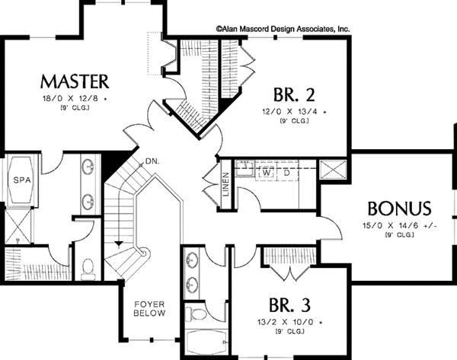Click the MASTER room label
(75, 81)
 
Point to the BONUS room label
(400, 209)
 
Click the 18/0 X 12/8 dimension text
(75, 99)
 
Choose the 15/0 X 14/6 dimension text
(399, 225)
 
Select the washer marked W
(268, 173)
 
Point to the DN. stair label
(152, 161)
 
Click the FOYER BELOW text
(150, 307)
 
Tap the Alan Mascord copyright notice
(282, 28)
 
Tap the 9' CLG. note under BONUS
(399, 236)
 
